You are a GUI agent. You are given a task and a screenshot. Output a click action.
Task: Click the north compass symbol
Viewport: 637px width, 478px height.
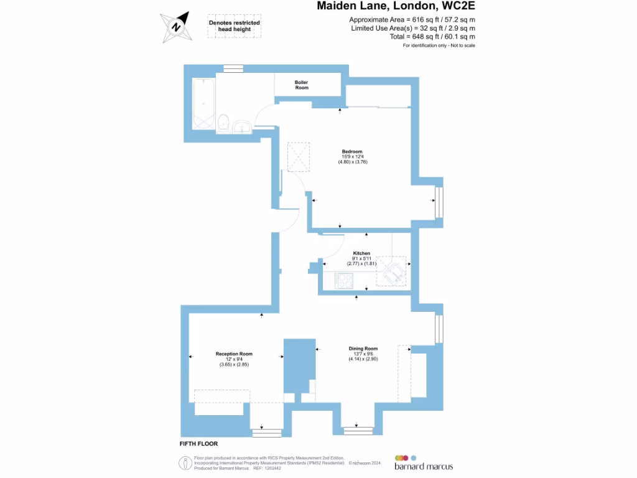pyautogui.click(x=176, y=27)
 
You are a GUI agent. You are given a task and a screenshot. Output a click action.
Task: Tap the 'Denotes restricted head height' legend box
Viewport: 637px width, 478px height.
pyautogui.click(x=234, y=26)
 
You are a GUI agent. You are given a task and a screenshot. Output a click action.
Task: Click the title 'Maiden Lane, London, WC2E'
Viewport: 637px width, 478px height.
pyautogui.click(x=396, y=7)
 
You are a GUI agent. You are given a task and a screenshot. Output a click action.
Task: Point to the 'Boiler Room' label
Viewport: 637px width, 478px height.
pyautogui.click(x=301, y=85)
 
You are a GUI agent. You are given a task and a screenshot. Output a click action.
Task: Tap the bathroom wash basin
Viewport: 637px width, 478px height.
pyautogui.click(x=241, y=128)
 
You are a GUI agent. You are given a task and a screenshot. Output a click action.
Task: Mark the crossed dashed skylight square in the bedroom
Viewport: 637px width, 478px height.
pyautogui.click(x=298, y=156)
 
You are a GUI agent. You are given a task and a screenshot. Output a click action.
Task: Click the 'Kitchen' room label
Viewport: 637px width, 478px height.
pyautogui.click(x=361, y=253)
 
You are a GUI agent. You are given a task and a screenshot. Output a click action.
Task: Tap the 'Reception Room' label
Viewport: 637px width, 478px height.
pyautogui.click(x=234, y=354)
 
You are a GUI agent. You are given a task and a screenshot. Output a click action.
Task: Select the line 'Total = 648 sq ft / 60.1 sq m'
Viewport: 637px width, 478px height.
pyautogui.click(x=412, y=37)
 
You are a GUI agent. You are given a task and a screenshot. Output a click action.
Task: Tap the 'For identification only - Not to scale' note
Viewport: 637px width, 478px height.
pyautogui.click(x=439, y=45)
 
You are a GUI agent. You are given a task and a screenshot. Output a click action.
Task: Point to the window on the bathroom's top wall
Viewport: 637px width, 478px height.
pyautogui.click(x=234, y=69)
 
